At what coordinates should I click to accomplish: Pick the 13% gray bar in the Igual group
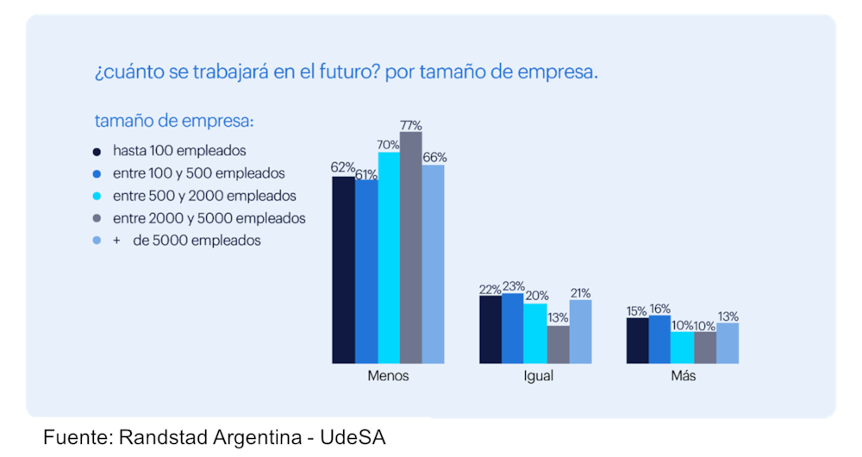tap(558, 344)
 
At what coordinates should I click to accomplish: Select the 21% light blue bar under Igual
tap(580, 331)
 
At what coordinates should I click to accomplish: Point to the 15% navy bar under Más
tap(638, 341)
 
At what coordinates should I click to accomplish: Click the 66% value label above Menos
tap(434, 158)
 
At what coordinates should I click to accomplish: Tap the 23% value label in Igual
tap(512, 286)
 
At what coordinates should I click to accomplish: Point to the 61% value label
tap(366, 173)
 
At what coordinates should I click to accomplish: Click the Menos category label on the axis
tap(388, 377)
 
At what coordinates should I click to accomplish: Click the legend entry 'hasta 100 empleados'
tap(179, 150)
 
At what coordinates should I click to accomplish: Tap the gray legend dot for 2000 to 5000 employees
tap(97, 219)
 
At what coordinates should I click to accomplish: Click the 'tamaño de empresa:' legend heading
tap(174, 120)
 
